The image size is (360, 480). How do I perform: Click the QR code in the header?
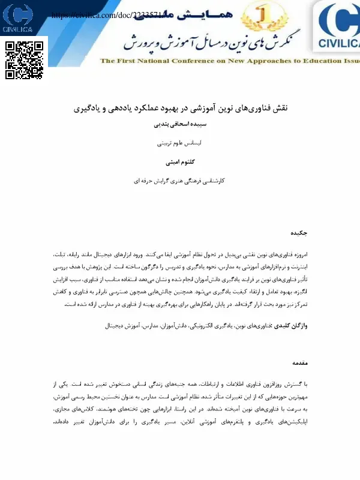(25, 59)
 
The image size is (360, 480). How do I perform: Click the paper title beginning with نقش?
(180, 109)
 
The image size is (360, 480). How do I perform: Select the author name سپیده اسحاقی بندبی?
(180, 125)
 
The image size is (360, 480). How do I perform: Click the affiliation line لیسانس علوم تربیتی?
(180, 144)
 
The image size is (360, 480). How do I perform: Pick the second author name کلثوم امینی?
(180, 162)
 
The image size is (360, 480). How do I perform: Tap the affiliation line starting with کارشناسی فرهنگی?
(180, 180)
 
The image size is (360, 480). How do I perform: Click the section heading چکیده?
(299, 232)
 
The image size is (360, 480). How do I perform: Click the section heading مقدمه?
(299, 363)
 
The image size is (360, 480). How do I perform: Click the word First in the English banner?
(125, 61)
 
